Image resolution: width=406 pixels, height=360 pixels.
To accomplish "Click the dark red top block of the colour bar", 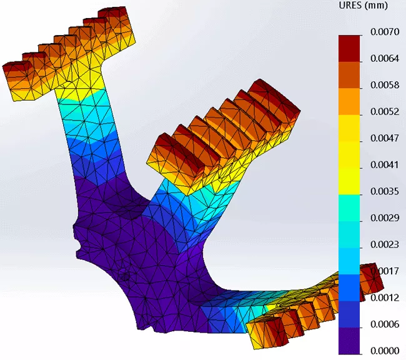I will (350, 47).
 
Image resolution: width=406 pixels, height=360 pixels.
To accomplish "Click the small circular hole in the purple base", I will (124, 276).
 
